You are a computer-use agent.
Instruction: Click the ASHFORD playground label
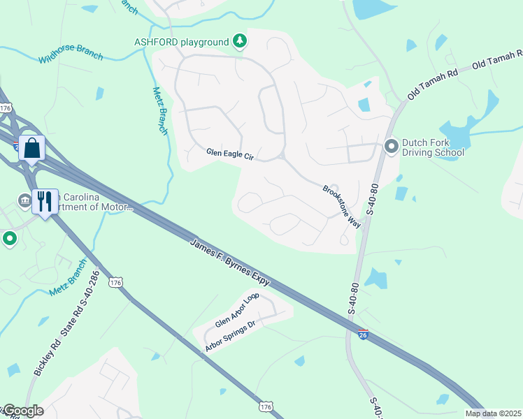182,42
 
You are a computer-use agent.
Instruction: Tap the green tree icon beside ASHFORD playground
240,41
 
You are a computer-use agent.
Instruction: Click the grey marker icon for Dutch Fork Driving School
391,147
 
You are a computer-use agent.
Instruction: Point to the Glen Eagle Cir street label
230,154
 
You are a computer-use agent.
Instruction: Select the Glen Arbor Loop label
237,311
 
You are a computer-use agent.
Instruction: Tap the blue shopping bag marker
32,148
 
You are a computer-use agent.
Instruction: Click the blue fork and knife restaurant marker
45,202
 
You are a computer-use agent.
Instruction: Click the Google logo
22,411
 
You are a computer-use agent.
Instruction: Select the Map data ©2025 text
494,413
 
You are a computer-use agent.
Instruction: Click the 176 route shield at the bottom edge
265,406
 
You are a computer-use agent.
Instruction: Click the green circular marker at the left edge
10,239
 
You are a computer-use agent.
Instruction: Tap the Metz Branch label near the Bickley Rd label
68,279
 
